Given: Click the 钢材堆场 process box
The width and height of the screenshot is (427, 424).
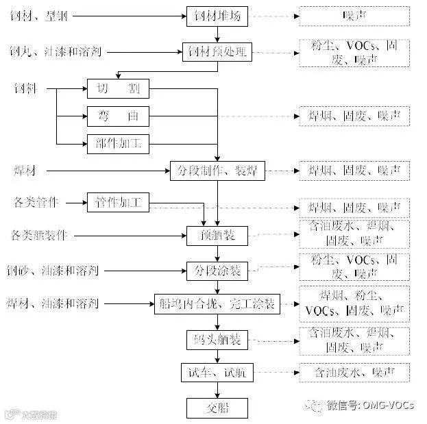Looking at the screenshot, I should coord(217,15).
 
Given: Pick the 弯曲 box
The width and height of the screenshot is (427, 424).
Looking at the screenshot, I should coord(118,116).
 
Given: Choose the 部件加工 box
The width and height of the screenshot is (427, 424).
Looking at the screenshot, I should coord(118,143).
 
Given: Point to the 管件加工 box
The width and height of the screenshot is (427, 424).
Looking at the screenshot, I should coord(118,203).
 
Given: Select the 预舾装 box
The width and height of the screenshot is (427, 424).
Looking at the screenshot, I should coord(217,236).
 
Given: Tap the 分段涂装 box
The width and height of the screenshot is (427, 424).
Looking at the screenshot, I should coord(217,271).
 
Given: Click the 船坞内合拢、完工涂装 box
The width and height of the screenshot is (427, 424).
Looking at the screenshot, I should coord(217,303).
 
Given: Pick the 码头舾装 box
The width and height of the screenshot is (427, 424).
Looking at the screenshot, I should coord(217,339).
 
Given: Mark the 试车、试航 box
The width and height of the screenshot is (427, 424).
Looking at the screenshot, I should coord(217,373).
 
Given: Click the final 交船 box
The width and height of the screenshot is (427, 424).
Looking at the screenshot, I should coord(217,408).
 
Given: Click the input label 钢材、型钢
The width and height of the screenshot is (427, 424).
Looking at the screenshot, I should coord(38,15).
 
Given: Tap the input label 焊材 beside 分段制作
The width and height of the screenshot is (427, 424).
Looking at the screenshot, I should coord(24,170).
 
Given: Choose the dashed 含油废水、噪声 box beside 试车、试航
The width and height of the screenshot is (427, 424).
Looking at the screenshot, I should coord(354,373).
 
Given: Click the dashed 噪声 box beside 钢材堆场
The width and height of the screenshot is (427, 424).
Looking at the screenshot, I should coord(354,15).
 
